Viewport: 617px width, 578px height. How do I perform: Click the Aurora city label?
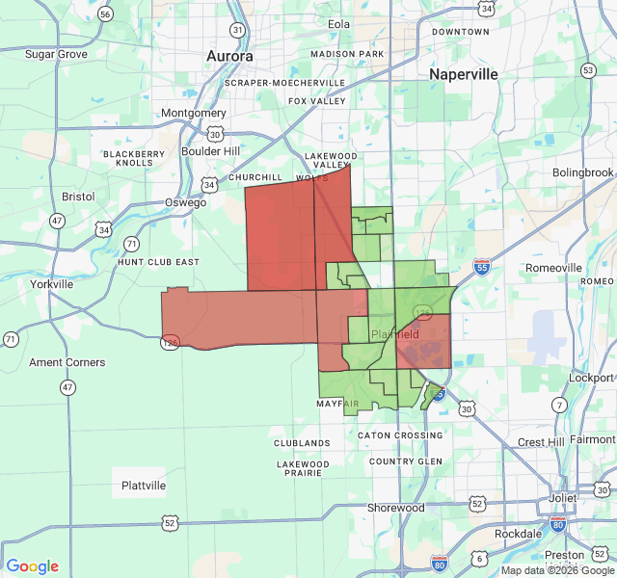pos(229,57)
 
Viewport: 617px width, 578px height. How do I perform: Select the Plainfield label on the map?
pos(395,334)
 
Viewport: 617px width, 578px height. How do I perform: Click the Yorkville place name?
pos(51,285)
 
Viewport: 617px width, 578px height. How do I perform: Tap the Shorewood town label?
pos(395,508)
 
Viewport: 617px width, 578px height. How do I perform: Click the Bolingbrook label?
pos(582,172)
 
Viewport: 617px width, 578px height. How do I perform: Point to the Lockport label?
pos(591,379)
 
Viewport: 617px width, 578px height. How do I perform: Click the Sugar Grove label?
pos(56,54)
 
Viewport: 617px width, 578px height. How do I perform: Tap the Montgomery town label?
pos(193,113)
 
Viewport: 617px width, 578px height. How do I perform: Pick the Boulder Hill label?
pos(211,151)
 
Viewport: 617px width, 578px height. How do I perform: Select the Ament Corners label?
pos(67,362)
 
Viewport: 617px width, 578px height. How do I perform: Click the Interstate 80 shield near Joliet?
pos(557,523)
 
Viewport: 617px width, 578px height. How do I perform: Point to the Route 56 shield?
pos(105,14)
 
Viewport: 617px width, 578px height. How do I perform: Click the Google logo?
pos(32,566)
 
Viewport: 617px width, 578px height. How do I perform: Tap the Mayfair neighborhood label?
pos(337,405)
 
